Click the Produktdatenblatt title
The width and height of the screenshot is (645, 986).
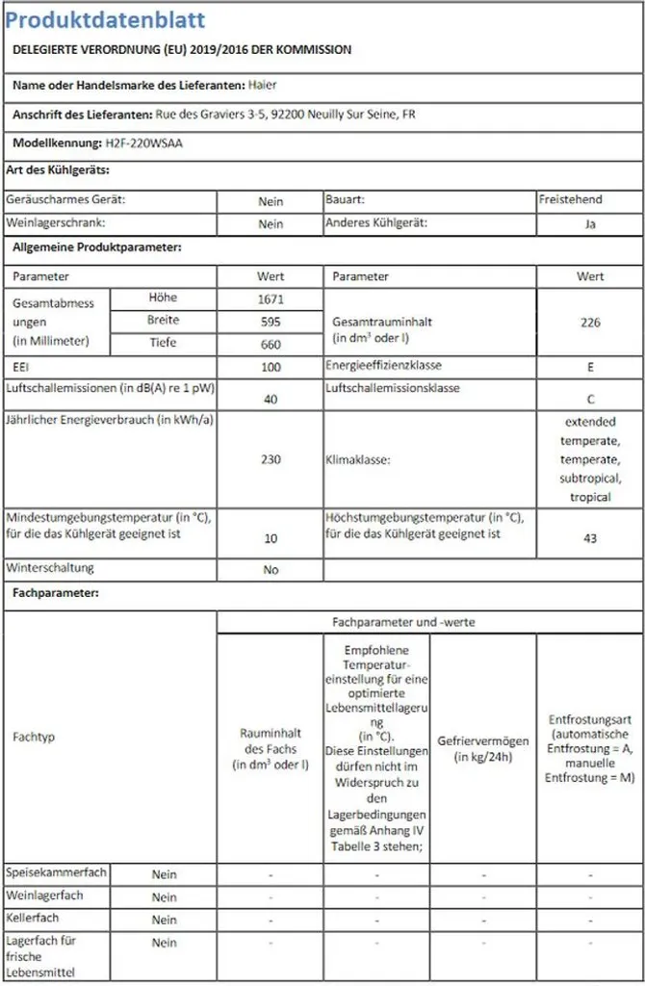(105, 20)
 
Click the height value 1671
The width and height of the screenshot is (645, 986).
(271, 299)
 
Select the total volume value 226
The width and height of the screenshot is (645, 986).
(590, 323)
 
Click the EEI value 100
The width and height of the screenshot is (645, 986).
(271, 368)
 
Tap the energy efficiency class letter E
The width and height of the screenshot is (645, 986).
(590, 368)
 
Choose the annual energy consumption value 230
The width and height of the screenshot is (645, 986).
(271, 460)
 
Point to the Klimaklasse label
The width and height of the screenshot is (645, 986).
(358, 461)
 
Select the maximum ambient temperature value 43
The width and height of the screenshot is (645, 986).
(590, 539)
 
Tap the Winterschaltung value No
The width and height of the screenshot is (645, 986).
(271, 570)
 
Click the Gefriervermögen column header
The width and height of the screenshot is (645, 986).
(482, 749)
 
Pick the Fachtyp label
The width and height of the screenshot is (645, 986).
(34, 737)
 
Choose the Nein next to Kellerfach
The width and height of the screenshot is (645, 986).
(164, 921)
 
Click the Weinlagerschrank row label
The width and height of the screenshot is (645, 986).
(55, 222)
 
